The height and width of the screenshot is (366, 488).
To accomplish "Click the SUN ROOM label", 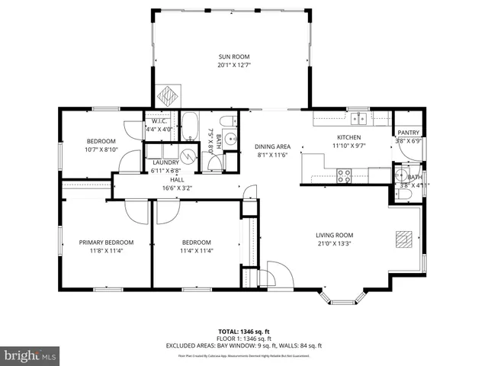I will coord(234,57).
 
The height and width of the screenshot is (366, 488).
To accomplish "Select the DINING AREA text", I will coord(272,146).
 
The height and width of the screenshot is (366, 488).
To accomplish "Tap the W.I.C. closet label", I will coord(160,121).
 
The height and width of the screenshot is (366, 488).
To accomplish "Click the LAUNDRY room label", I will coord(165,162).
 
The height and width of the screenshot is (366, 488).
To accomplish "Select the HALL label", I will coord(177,179).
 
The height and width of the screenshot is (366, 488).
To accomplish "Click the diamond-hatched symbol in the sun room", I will coord(168,96).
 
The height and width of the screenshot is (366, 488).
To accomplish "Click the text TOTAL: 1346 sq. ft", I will coord(243,331).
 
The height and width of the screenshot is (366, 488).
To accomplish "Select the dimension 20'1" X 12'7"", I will coord(234,66).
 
